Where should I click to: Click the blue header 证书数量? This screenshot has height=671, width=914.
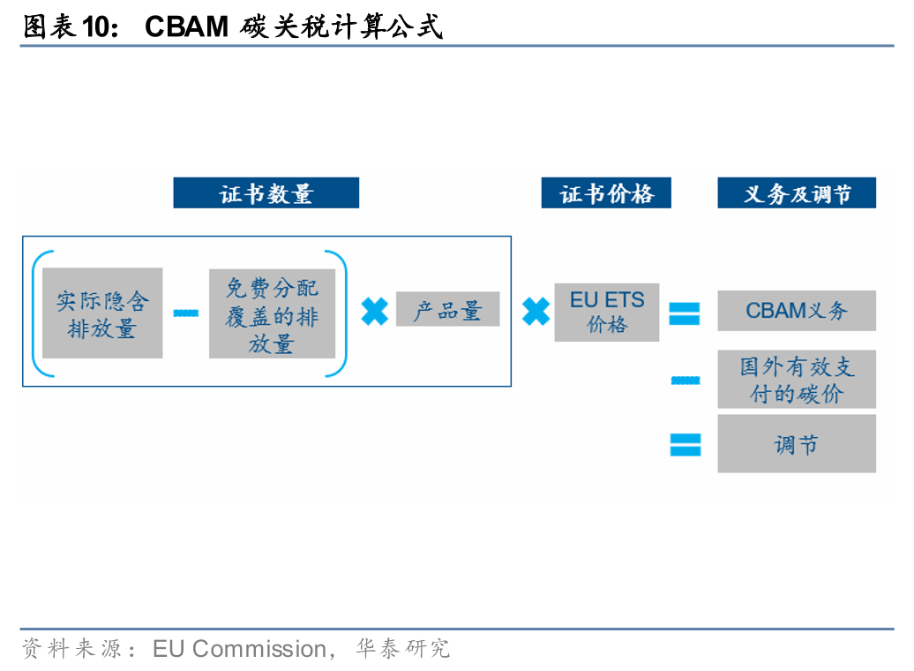point(266,193)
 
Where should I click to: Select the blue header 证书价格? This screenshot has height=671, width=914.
point(606,193)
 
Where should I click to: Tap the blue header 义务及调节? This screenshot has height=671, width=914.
point(797,193)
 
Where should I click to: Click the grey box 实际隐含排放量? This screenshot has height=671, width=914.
point(102,313)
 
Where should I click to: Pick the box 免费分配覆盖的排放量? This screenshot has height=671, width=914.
point(272,313)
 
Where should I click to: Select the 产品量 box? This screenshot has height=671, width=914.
point(447,310)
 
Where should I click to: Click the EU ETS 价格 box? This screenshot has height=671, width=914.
point(606,312)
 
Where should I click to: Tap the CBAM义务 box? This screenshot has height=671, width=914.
point(797,311)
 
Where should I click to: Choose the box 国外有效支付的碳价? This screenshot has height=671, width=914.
point(797,380)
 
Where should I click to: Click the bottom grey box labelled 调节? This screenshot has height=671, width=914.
point(797,444)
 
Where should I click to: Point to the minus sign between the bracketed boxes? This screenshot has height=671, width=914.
point(186,312)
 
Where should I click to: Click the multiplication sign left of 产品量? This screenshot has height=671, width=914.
point(374,311)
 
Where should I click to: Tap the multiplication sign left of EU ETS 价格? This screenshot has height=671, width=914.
point(536,311)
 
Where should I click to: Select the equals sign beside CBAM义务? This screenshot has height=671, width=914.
point(685,313)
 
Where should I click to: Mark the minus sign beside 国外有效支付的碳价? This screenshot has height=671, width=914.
point(685,381)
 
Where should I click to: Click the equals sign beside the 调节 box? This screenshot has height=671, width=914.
point(685,444)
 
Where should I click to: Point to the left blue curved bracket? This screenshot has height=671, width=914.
point(36,313)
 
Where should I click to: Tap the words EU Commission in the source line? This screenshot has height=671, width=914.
point(239,649)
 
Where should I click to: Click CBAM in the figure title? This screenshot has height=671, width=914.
point(186,27)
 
